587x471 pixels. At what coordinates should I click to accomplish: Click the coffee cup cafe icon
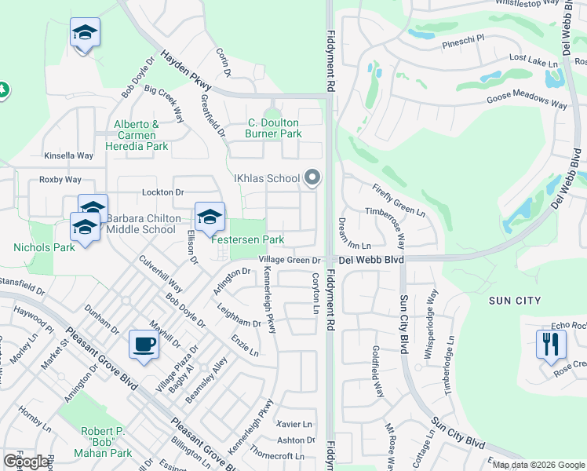144,345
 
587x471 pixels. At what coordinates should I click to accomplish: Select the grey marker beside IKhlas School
312,178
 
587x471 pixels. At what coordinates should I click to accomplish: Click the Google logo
26,462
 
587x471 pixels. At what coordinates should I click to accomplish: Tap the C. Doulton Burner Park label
275,128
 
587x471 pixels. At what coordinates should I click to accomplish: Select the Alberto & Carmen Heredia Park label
141,135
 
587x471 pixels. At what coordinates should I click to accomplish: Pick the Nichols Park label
44,247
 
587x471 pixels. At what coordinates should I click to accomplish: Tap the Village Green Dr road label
290,261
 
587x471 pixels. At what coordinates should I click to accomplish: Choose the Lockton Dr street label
162,192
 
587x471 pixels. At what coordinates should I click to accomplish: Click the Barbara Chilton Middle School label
141,224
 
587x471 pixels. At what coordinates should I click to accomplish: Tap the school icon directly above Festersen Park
210,217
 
